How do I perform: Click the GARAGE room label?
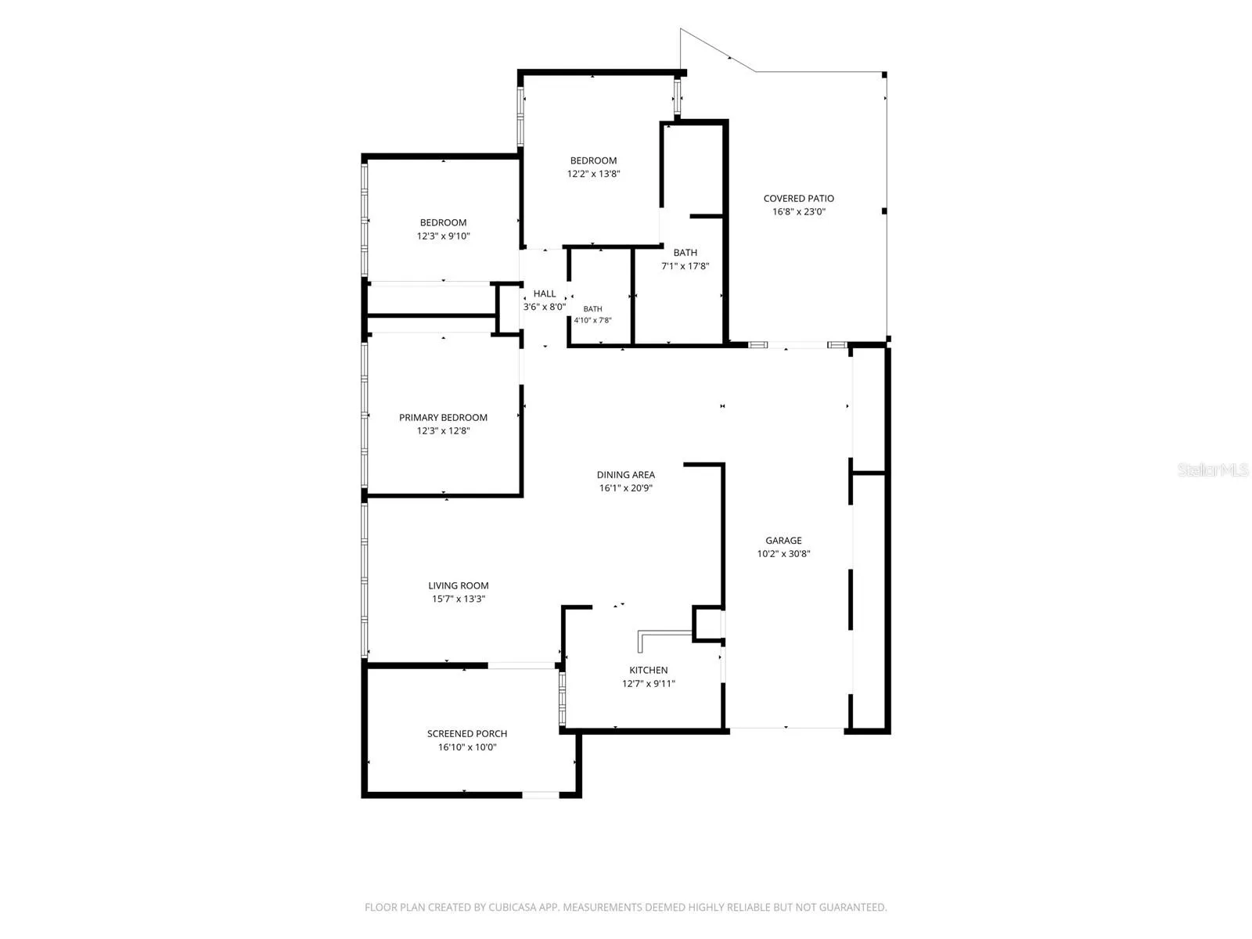[783, 540]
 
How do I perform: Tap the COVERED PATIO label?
[799, 199]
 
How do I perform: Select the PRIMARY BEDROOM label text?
[443, 417]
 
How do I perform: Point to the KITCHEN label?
[649, 670]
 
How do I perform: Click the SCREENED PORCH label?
[467, 734]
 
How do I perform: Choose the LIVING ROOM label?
[459, 585]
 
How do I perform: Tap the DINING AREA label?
[626, 474]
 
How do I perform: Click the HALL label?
[545, 293]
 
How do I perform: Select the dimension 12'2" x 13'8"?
[593, 174]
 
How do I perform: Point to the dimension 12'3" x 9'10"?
[443, 236]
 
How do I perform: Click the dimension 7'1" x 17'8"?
[685, 266]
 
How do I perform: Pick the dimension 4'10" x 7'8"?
[592, 320]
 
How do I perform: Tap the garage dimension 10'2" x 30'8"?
[783, 553]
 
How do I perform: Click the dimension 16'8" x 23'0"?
[799, 211]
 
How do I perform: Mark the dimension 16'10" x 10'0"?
[467, 747]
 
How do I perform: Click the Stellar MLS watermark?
[1213, 469]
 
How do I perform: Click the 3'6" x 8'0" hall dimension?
[545, 307]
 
